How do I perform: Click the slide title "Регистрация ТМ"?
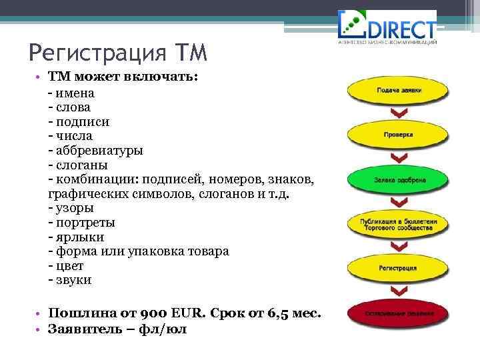pos(119,51)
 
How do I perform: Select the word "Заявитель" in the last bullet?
pos(82,329)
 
